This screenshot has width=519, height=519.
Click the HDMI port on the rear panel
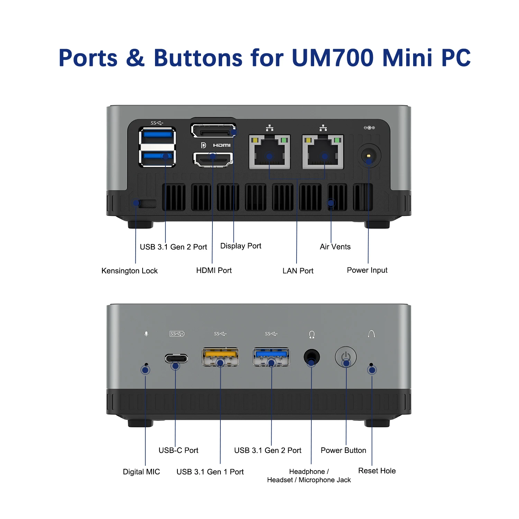pos(213,159)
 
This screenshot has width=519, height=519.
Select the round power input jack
pos(369,156)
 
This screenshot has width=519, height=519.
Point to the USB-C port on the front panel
pos(176,358)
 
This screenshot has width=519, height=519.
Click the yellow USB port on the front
pos(220,357)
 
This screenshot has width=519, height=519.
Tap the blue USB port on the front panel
pos(271,357)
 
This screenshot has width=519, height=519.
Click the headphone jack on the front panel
pos(311,357)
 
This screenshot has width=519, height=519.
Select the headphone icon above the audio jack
pos(312,334)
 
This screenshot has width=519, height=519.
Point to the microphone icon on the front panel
pos(146,334)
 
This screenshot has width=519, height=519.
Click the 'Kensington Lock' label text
pos(129,271)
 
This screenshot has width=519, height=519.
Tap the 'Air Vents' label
pos(335,247)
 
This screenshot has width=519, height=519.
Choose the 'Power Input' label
pos(367,270)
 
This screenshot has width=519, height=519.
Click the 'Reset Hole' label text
pos(377,471)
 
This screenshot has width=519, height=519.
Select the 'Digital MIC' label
pos(141,472)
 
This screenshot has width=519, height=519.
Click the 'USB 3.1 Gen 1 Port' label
pos(210,472)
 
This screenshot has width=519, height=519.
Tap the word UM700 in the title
pos(333,57)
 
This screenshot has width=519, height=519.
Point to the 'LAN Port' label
pos(298,271)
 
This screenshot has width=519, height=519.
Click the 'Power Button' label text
pos(343,450)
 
